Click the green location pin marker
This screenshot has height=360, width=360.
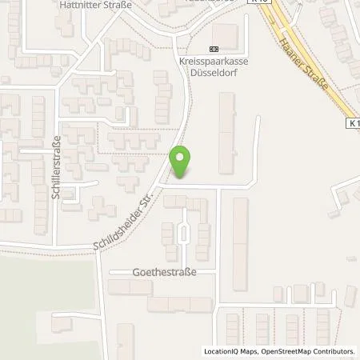tap(181, 162)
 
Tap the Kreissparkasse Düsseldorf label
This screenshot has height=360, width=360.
tap(210, 65)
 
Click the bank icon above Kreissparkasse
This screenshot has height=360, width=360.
tap(212, 49)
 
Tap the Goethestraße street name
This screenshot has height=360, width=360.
tap(164, 272)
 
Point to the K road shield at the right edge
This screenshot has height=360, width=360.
tap(354, 123)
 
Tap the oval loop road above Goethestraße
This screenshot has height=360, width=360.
tap(184, 233)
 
